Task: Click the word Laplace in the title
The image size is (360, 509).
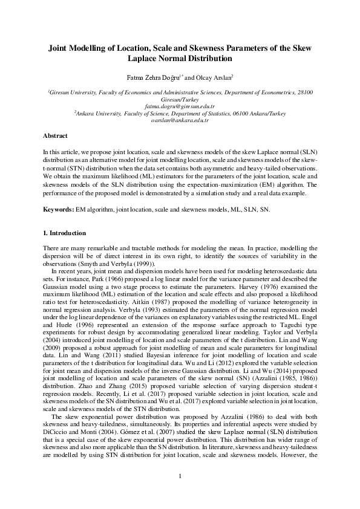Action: tap(142, 59)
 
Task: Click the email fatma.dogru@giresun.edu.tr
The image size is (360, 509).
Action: tap(180, 106)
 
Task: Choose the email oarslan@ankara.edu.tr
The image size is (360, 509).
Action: tap(180, 120)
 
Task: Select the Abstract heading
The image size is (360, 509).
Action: tap(55, 136)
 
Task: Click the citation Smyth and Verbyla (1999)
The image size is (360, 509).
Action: tap(125, 264)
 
